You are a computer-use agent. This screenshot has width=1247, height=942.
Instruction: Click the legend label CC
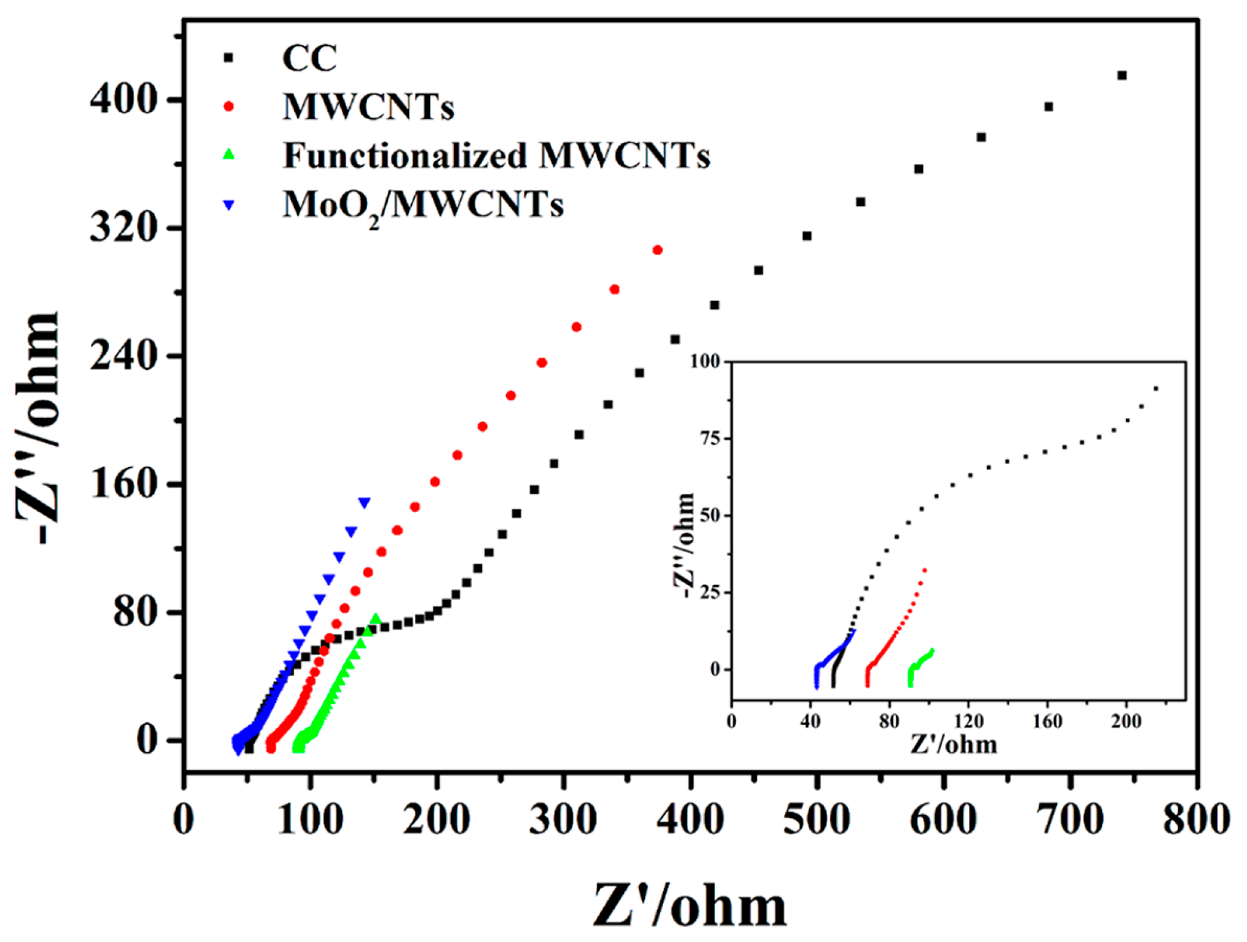[x=309, y=58]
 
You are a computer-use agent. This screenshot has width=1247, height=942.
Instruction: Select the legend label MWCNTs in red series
[x=368, y=107]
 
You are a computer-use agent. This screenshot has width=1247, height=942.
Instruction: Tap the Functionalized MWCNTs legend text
[x=496, y=155]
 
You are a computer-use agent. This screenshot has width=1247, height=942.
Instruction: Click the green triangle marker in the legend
[x=229, y=154]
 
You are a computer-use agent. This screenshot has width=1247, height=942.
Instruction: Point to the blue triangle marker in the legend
[x=229, y=205]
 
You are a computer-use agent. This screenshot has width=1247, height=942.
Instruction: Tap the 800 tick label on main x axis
[x=1196, y=820]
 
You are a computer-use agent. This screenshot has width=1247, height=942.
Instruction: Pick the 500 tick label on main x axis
[x=817, y=820]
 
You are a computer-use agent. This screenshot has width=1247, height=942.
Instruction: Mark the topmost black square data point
[x=1122, y=76]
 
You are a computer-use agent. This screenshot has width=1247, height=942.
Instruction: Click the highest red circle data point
[x=657, y=250]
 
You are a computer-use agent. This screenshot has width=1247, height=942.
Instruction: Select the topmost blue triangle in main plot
[x=365, y=503]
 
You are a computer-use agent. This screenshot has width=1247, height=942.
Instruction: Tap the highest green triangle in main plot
[x=376, y=618]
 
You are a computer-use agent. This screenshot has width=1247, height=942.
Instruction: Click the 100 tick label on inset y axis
[x=705, y=361]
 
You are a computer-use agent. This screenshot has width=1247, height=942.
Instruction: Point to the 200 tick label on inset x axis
[x=1126, y=721]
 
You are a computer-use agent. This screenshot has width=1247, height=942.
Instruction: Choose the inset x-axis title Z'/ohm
[x=954, y=745]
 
